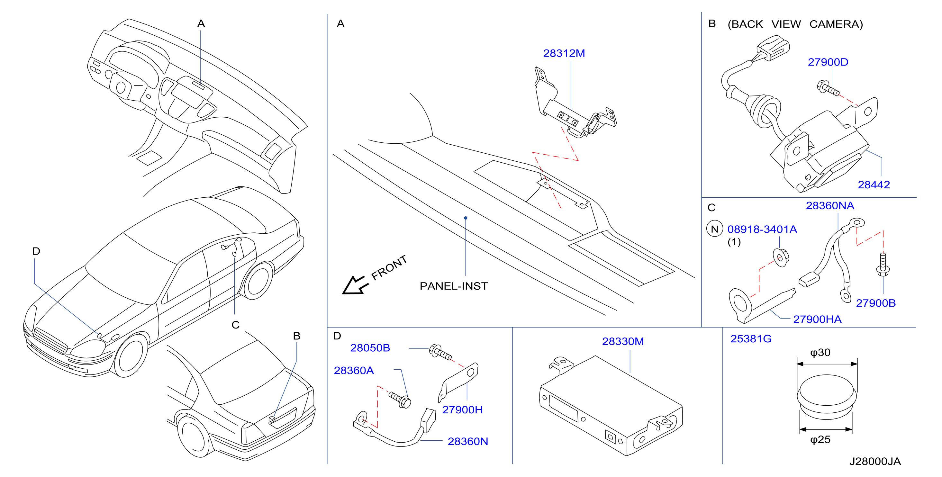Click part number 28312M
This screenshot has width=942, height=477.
pyautogui.click(x=564, y=53)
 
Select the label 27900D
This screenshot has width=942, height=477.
pyautogui.click(x=828, y=62)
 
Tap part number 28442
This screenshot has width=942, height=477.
pyautogui.click(x=874, y=184)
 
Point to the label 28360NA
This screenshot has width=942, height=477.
pyautogui.click(x=830, y=205)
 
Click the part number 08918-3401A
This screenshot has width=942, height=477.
pyautogui.click(x=762, y=229)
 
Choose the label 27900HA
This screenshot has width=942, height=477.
pyautogui.click(x=817, y=319)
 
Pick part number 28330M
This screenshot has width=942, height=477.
pyautogui.click(x=623, y=341)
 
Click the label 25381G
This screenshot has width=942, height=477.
pyautogui.click(x=751, y=338)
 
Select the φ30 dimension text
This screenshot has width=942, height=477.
pyautogui.click(x=820, y=352)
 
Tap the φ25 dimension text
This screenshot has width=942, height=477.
pyautogui.click(x=820, y=439)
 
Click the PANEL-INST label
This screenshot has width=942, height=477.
pyautogui.click(x=454, y=286)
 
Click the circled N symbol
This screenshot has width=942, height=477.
pyautogui.click(x=715, y=229)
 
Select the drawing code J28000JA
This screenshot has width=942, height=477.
pyautogui.click(x=875, y=461)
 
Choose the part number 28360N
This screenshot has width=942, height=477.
pyautogui.click(x=468, y=441)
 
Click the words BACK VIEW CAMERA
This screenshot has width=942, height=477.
pyautogui.click(x=795, y=24)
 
